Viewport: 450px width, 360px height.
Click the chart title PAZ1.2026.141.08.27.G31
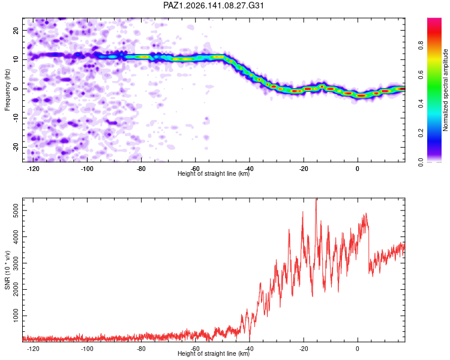point(214,5)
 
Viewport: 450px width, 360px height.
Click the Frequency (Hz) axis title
point(7,90)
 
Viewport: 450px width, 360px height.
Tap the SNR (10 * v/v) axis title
point(7,270)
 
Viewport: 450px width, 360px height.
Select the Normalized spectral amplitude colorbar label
point(445,90)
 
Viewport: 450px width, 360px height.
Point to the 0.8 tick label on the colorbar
point(421,46)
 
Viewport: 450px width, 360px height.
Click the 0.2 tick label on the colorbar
point(421,133)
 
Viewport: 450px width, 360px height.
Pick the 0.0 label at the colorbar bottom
point(421,162)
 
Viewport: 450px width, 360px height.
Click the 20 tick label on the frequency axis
point(16,30)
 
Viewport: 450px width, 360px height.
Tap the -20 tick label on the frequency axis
point(16,147)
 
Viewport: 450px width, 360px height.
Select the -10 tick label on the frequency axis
point(16,118)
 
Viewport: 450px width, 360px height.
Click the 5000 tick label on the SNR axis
point(16,211)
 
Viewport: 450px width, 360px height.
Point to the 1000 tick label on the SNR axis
point(16,316)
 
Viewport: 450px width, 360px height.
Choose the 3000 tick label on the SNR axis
point(16,263)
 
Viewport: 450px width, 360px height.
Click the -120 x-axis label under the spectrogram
point(33,169)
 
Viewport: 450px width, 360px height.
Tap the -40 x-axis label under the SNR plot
point(249,349)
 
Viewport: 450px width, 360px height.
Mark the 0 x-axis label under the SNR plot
point(358,349)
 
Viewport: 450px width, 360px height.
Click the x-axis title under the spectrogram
point(214,173)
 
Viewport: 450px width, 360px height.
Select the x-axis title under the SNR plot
point(214,353)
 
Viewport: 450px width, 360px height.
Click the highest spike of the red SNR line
point(316,199)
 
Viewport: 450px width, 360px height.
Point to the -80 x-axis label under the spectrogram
point(141,169)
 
